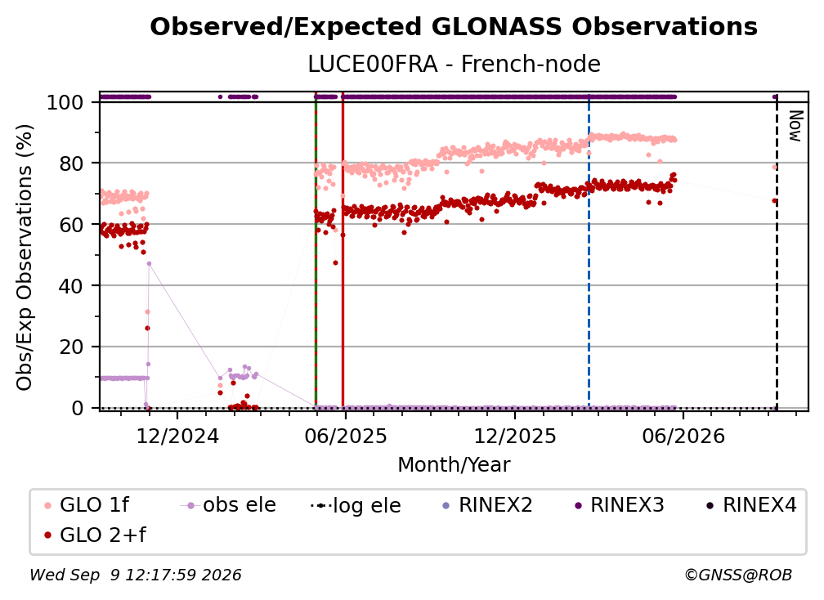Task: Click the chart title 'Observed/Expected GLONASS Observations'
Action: (x=454, y=27)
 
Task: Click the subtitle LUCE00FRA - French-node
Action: (x=454, y=64)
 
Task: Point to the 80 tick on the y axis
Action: (x=71, y=163)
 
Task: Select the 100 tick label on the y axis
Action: (x=65, y=102)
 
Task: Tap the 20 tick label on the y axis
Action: (x=71, y=347)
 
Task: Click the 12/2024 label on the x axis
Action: (x=177, y=437)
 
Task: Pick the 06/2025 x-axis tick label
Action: (x=345, y=437)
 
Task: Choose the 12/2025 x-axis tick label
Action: (x=514, y=437)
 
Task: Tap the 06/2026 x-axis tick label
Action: (x=683, y=437)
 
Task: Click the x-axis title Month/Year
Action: (x=454, y=465)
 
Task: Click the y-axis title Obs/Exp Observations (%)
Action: (x=25, y=257)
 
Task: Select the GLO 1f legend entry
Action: (x=87, y=505)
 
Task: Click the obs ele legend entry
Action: (x=227, y=505)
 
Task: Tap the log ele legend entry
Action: (x=356, y=506)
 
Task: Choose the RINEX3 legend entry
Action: (x=620, y=505)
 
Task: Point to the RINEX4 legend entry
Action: (x=752, y=505)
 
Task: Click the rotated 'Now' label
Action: (x=796, y=126)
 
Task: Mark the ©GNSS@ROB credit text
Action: (x=738, y=575)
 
